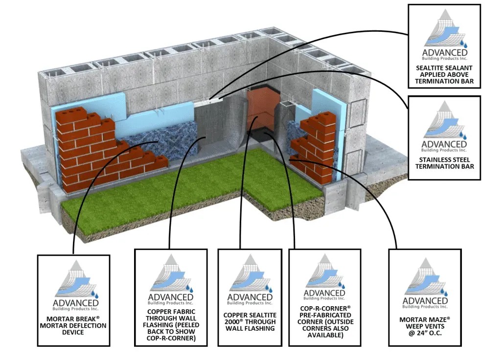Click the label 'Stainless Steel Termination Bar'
pos(444,162)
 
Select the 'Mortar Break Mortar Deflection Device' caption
pos(73,325)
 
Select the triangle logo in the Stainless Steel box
pos(443,120)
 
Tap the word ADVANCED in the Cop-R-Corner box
pos(324,292)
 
